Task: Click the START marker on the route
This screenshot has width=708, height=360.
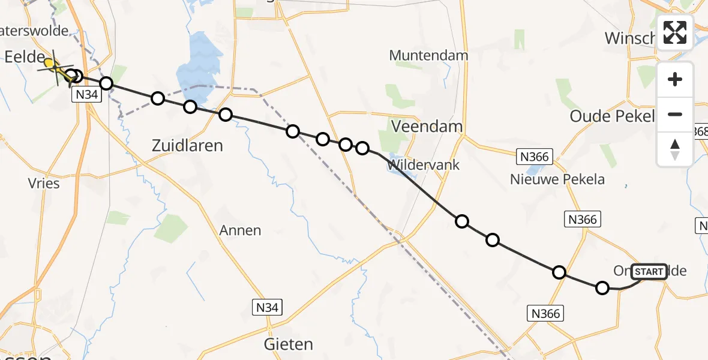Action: coord(649,272)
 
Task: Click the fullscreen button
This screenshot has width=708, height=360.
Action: coord(675,32)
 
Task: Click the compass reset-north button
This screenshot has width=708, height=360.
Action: coord(675,149)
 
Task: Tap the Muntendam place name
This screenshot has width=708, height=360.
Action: coord(428,56)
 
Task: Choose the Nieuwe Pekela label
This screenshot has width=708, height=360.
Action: coord(557,179)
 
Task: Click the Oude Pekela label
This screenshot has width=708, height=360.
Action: coord(611,116)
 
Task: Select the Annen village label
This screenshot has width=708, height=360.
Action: coord(240,230)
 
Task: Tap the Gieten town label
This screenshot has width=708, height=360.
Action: coord(289,344)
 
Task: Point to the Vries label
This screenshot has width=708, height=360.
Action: coord(44,183)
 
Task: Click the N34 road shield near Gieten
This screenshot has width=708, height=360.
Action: coord(266,308)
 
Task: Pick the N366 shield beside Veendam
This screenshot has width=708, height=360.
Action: coord(533,157)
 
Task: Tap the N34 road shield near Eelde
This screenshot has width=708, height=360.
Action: coord(86,95)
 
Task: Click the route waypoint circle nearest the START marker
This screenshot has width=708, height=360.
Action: coord(602,288)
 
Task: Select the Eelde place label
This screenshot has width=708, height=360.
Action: coord(25,58)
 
